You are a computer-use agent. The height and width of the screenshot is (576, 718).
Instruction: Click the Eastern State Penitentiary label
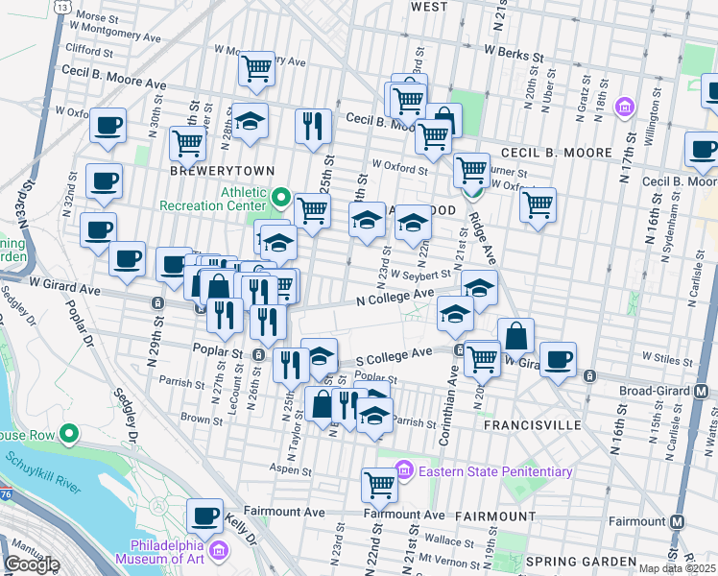(x=493, y=471)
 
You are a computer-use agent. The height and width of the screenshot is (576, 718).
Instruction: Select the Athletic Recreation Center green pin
(x=281, y=199)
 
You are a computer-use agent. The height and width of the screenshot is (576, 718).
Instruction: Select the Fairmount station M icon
(x=678, y=521)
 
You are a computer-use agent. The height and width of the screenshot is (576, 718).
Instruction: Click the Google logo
(x=31, y=564)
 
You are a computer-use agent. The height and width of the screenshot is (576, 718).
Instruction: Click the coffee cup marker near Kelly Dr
(x=204, y=516)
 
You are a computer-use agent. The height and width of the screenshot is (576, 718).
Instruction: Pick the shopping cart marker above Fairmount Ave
(x=379, y=485)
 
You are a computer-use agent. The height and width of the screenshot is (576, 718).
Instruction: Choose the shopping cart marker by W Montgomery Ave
(x=256, y=67)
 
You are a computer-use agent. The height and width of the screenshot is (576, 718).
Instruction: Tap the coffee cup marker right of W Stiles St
(x=558, y=359)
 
